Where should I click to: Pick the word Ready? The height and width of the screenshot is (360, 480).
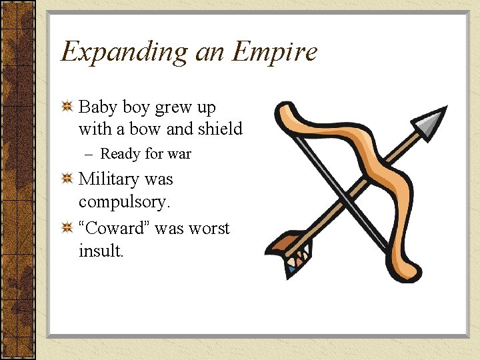(x=120, y=155)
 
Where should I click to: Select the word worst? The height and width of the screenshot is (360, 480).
(x=208, y=228)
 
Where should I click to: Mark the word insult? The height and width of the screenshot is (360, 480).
(x=101, y=251)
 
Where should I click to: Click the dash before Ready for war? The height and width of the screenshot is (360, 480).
(x=89, y=155)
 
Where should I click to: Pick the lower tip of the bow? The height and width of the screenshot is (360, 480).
(x=413, y=273)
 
